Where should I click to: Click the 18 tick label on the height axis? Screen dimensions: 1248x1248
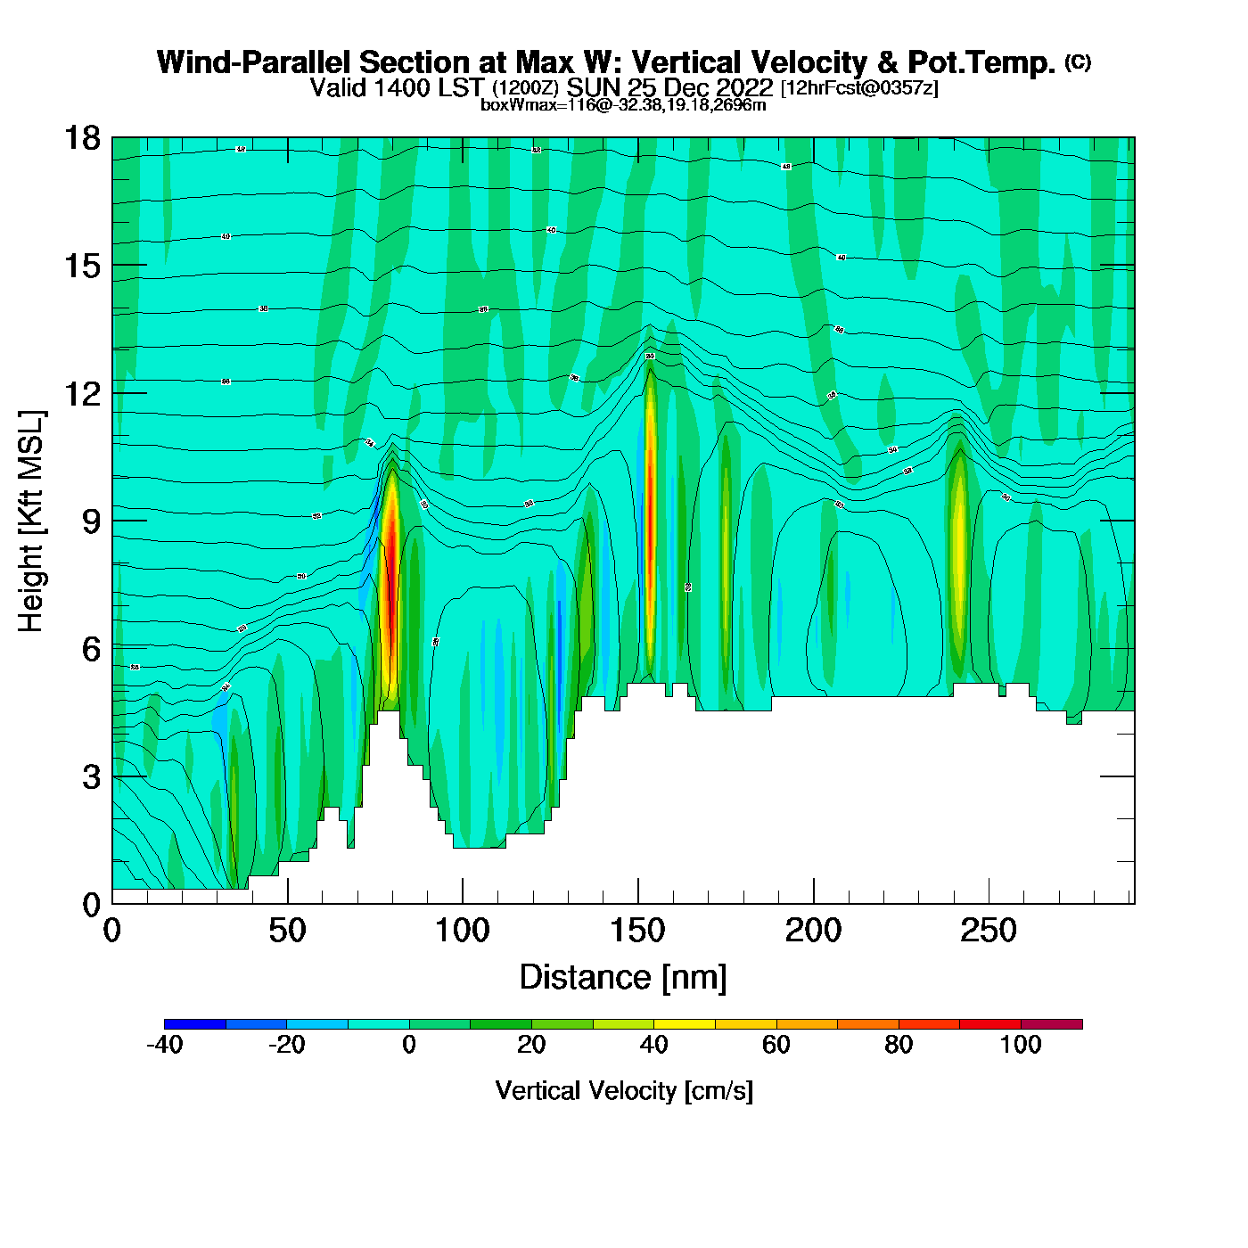tap(81, 138)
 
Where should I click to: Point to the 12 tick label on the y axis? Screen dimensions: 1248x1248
tap(81, 393)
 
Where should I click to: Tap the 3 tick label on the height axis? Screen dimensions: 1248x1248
tap(91, 777)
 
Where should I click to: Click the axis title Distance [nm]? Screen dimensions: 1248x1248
tap(623, 977)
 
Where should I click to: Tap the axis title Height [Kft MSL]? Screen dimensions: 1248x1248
tap(31, 521)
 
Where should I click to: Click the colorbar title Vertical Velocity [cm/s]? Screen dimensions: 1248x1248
tap(624, 1090)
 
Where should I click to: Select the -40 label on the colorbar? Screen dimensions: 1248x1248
tap(164, 1045)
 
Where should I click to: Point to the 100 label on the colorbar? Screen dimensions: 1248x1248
tap(1021, 1045)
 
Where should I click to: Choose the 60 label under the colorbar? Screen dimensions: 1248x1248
tap(776, 1045)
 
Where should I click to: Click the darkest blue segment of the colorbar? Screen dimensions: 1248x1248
tap(195, 1024)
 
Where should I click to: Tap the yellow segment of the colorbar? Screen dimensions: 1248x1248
tap(685, 1024)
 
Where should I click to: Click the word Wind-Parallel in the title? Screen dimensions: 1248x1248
tap(254, 62)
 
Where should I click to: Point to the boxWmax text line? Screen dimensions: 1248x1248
tap(623, 104)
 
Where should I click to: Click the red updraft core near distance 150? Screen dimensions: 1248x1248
tap(650, 517)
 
